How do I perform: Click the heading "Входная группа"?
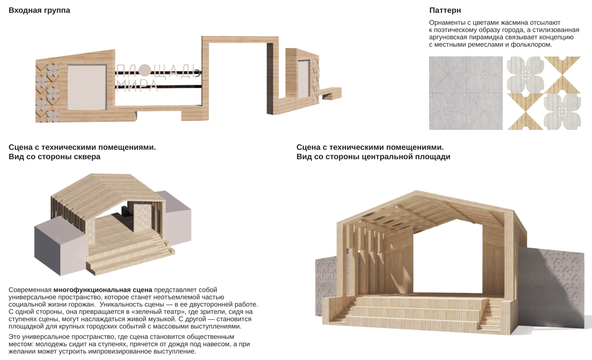pos(39,11)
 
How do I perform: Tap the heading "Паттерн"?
pos(445,11)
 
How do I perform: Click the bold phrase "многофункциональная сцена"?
pos(103,290)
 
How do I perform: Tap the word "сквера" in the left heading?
pos(87,157)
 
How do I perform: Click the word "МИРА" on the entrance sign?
pos(137,86)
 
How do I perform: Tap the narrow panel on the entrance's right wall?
pos(303,80)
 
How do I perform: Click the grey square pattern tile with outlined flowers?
pos(466,93)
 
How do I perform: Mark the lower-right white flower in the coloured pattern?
pos(562,111)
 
